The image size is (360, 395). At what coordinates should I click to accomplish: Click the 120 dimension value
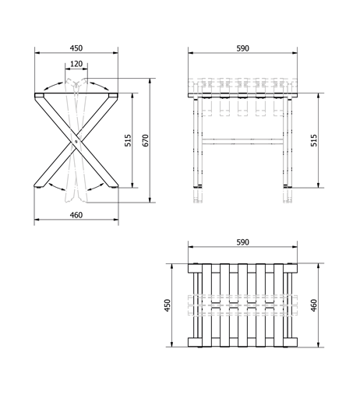76,64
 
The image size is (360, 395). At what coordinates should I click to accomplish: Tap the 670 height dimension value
146,140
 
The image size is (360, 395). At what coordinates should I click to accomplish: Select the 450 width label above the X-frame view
76,48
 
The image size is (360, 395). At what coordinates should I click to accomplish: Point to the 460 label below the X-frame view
76,215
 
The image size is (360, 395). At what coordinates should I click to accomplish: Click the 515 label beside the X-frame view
128,140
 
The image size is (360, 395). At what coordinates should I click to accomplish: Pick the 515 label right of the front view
314,140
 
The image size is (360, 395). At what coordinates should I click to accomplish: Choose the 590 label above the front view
243,48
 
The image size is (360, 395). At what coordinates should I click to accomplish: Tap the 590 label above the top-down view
243,242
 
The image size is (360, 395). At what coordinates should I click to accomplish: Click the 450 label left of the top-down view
168,305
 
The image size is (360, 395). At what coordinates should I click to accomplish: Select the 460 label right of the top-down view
314,305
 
